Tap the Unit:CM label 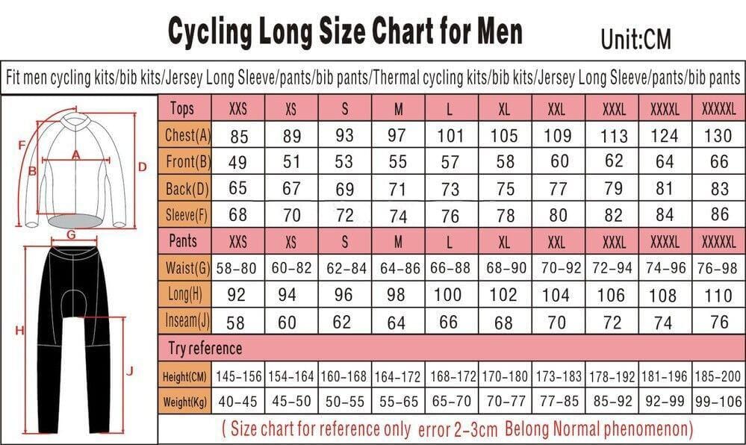click(x=636, y=38)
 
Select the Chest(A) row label click(x=185, y=136)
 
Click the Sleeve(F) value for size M click(x=398, y=217)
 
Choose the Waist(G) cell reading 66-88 click(x=450, y=267)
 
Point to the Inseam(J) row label click(x=185, y=322)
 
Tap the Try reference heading click(x=203, y=349)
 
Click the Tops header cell click(x=182, y=108)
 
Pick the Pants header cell click(x=184, y=242)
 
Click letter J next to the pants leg click(x=129, y=370)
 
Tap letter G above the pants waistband click(x=71, y=234)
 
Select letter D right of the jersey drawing click(x=142, y=167)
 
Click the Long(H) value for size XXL click(x=556, y=295)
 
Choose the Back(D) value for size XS click(x=291, y=189)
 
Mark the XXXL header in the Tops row click(x=614, y=109)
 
